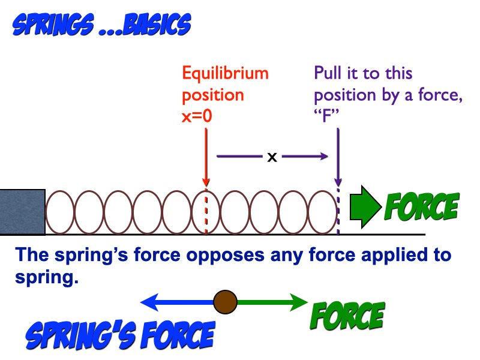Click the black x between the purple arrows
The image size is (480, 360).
(x=272, y=157)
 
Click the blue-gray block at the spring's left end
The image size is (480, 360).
(x=22, y=212)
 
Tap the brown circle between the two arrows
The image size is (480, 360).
(x=225, y=301)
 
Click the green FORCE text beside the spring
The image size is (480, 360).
(x=422, y=207)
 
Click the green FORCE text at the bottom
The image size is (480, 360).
(x=346, y=317)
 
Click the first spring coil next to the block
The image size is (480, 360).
(x=60, y=212)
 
